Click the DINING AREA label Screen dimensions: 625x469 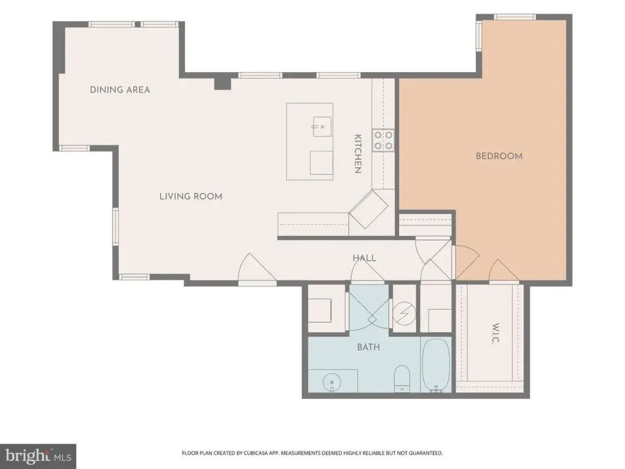120,90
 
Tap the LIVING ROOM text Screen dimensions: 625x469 191,196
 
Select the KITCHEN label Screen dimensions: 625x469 358,153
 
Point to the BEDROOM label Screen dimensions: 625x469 499,156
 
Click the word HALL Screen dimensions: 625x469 364,258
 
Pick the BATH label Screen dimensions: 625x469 368,347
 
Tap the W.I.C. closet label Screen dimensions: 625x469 495,333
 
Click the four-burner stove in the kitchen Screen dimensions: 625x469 383,141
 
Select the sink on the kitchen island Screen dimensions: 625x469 322,126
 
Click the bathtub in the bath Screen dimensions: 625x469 436,366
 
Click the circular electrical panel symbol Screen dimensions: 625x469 404,314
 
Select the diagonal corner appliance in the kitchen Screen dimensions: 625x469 368,209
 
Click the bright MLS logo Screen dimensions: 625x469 38,456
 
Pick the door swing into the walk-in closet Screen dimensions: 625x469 504,271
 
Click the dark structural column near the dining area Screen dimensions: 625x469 222,84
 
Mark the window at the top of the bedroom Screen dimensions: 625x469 514,16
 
